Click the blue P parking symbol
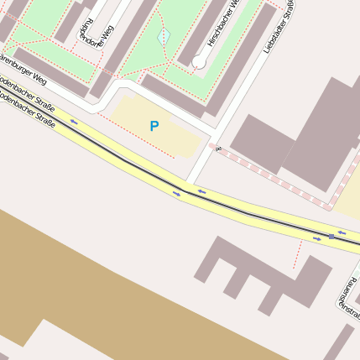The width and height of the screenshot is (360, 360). [x=154, y=127]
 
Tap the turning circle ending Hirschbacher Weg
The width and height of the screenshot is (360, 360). [x=199, y=61]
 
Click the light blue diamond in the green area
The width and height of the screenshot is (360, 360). [x=164, y=36]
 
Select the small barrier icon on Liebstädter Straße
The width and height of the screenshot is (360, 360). [x=217, y=149]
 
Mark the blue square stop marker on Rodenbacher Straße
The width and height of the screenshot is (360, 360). [x=331, y=237]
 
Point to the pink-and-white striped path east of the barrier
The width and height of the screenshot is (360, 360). [x=277, y=178]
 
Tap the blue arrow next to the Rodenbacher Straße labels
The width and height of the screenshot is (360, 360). [x=74, y=123]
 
